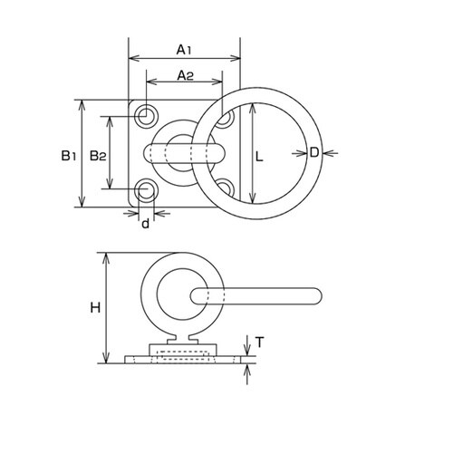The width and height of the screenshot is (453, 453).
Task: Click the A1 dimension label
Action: click(184, 50)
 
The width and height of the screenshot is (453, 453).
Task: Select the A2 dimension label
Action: click(185, 75)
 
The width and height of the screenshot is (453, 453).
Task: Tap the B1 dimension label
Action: click(69, 156)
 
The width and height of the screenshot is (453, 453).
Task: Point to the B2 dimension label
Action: click(98, 156)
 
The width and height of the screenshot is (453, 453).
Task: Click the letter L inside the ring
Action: click(259, 157)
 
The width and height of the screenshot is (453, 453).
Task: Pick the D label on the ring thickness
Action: click(314, 152)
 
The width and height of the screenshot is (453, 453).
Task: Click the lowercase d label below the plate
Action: click(146, 223)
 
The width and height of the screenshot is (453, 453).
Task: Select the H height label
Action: click(95, 308)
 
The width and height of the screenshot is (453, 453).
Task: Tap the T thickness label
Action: click(259, 342)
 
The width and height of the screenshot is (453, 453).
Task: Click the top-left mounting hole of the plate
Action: click(147, 115)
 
